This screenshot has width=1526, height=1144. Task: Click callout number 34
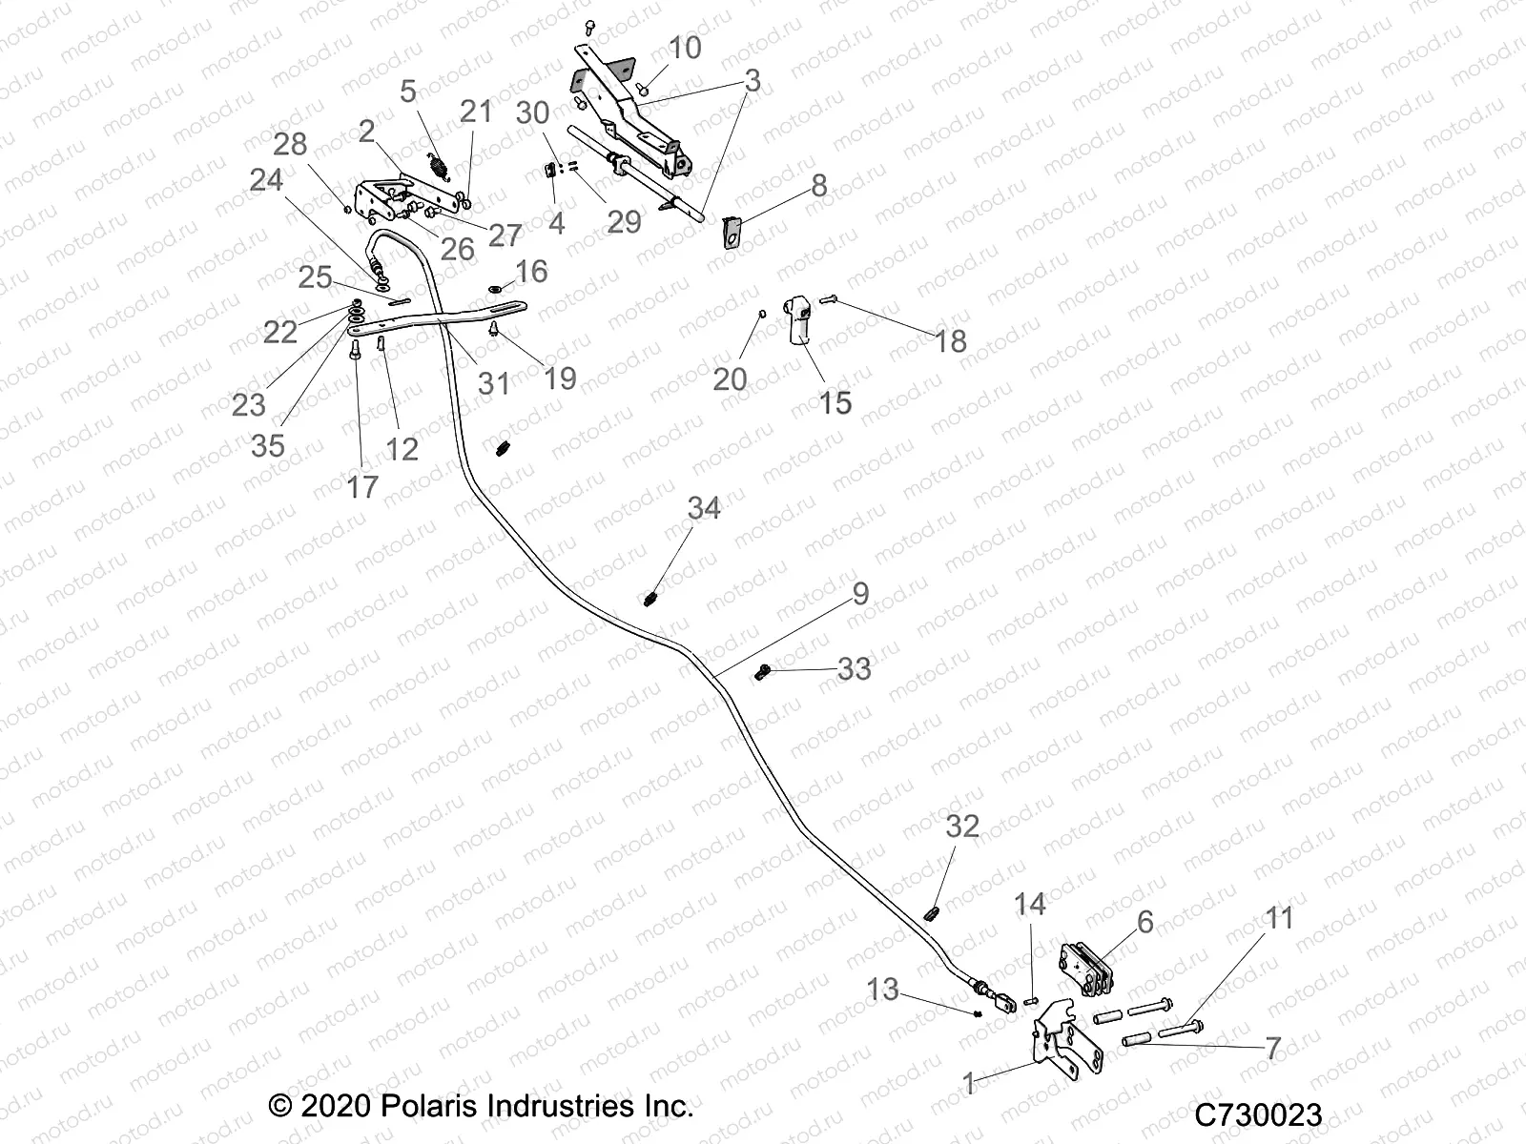click(x=704, y=509)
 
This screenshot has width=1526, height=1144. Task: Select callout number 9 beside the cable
click(x=860, y=594)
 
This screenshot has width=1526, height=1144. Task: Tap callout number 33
click(x=854, y=669)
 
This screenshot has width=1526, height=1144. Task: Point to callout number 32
click(x=961, y=827)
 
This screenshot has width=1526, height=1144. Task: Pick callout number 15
click(x=835, y=402)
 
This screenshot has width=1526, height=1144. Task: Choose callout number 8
click(x=818, y=185)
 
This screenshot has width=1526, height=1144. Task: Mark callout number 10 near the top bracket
click(x=684, y=48)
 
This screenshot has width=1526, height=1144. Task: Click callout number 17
click(x=362, y=487)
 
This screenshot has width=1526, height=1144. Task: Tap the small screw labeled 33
click(x=762, y=673)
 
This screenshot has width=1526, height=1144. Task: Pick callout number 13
click(x=882, y=990)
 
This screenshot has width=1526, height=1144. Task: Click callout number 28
click(x=290, y=144)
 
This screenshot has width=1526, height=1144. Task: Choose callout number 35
click(x=268, y=445)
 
